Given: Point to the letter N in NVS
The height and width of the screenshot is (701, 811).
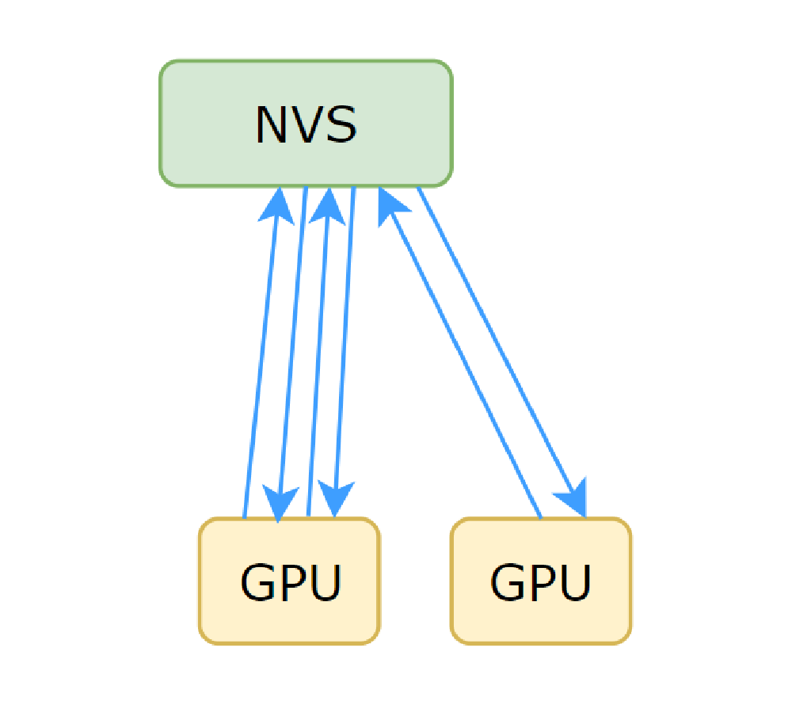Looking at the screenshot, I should pyautogui.click(x=270, y=125).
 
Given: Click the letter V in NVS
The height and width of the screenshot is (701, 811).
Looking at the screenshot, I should pyautogui.click(x=305, y=125).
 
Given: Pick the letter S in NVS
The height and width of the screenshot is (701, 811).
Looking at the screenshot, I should pyautogui.click(x=341, y=125).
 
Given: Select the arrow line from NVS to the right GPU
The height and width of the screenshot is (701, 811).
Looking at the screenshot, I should pyautogui.click(x=499, y=349).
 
